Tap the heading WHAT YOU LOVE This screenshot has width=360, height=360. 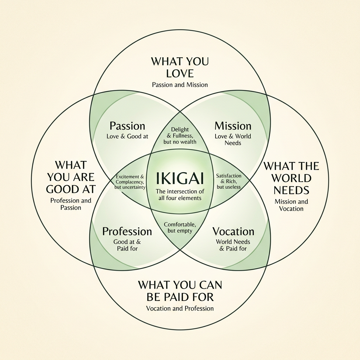[x=180, y=67]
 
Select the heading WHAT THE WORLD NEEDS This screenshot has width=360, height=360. [x=291, y=178]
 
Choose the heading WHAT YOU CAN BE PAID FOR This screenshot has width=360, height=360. [x=180, y=290]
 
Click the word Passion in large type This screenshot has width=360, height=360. [x=127, y=126]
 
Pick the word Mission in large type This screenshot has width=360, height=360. [x=233, y=126]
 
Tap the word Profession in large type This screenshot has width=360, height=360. [x=127, y=231]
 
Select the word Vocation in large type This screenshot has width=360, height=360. [x=233, y=231]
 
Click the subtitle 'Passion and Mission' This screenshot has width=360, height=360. [x=180, y=85]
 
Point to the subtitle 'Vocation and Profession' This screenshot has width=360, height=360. [x=180, y=308]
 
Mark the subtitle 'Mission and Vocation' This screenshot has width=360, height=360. [x=291, y=205]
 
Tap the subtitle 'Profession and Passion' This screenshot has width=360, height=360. [x=71, y=204]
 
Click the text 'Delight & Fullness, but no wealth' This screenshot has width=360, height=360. [x=180, y=136]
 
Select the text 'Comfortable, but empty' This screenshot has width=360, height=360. [x=180, y=227]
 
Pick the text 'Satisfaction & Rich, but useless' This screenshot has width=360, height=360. [x=229, y=181]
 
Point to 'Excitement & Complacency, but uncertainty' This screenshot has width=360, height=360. [x=130, y=181]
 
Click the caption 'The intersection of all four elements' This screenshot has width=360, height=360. [x=180, y=195]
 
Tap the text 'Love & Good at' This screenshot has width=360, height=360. [x=127, y=136]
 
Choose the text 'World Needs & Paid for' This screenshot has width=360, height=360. [x=233, y=245]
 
